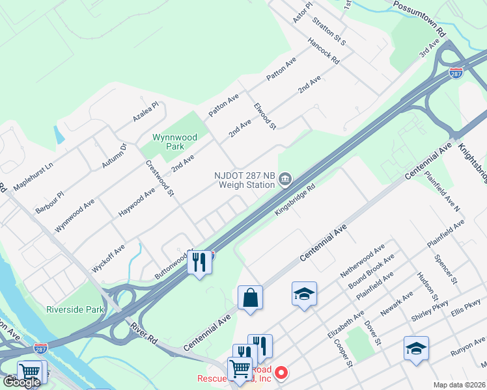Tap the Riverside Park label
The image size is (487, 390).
tap(75, 309)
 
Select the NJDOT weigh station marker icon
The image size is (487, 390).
tap(285, 179)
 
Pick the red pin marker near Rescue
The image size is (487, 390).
tap(281, 373)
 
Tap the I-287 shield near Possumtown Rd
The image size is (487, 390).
tap(456, 74)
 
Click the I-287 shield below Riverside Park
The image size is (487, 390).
tap(40, 349)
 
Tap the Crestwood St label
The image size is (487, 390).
tap(160, 178)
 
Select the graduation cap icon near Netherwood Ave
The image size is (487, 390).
tap(304, 294)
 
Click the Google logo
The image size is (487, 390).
tap(22, 382)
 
